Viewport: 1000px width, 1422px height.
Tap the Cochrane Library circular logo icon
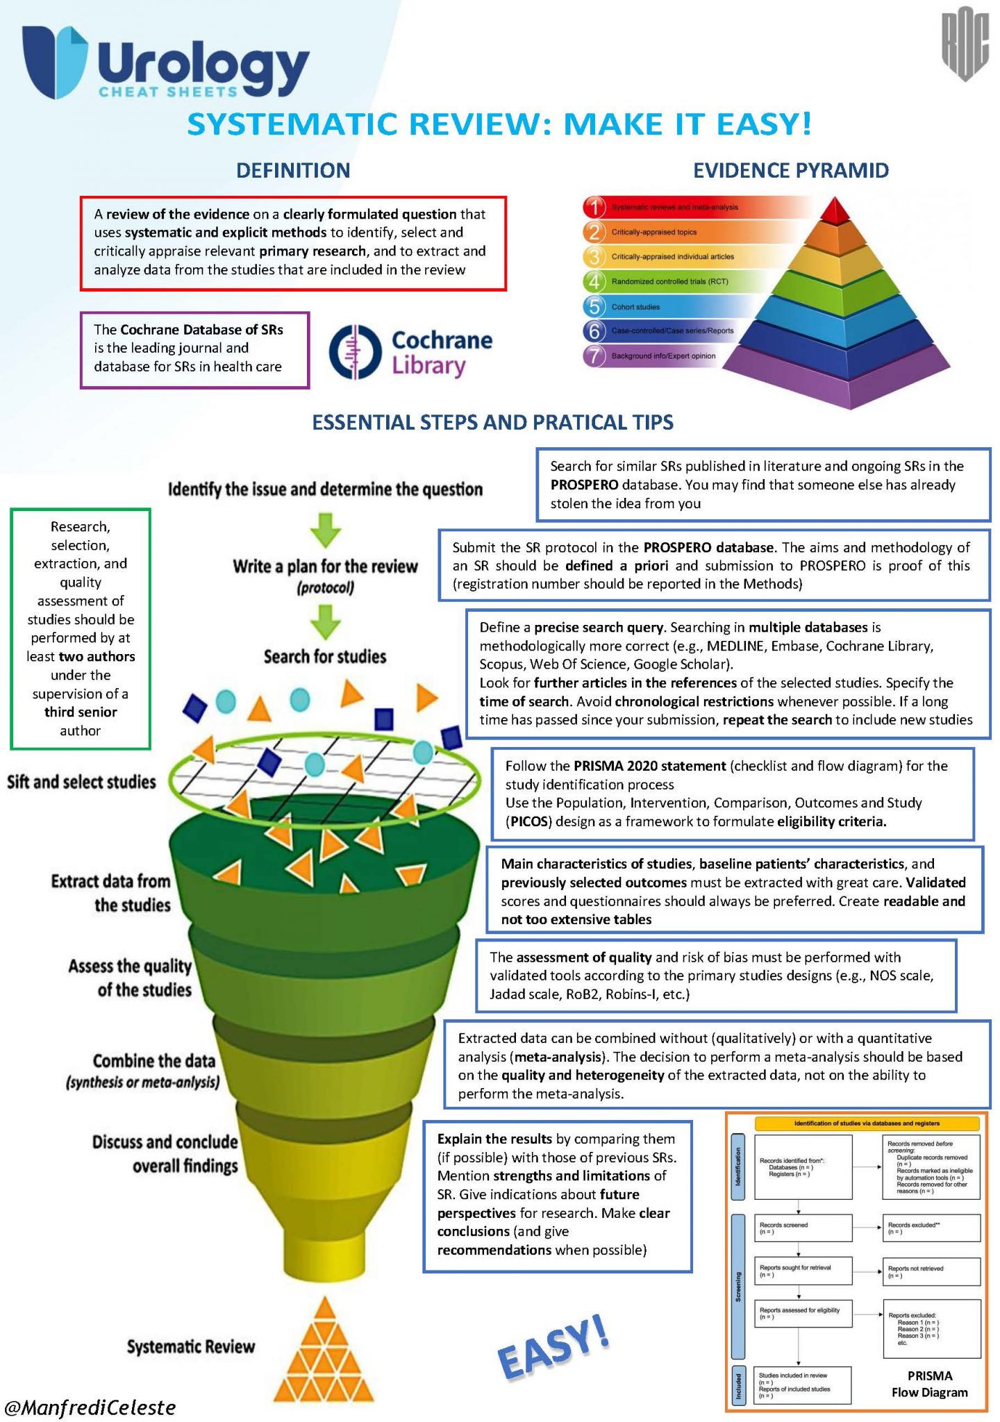tap(355, 353)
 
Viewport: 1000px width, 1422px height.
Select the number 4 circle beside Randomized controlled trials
tap(594, 281)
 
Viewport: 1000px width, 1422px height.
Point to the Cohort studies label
tap(635, 306)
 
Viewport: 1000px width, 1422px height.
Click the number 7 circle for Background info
tap(594, 355)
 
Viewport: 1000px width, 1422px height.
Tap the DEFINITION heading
tap(292, 170)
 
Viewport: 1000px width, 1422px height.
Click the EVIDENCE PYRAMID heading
tap(791, 170)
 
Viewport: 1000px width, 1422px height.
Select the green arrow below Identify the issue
tap(325, 530)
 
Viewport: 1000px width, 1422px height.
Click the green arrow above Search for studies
tap(325, 621)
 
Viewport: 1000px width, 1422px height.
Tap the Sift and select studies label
tap(81, 782)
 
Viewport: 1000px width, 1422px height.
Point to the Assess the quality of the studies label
tap(131, 978)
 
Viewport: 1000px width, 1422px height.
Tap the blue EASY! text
tap(554, 1347)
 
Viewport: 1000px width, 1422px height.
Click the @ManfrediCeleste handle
tap(90, 1407)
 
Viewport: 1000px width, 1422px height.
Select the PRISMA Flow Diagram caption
tap(929, 1383)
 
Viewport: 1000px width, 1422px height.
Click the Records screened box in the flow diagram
tap(802, 1228)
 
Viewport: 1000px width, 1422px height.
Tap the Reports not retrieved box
tap(931, 1271)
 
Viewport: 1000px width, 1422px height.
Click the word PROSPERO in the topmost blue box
tap(585, 485)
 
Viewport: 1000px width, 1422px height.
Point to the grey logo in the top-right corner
tap(965, 47)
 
